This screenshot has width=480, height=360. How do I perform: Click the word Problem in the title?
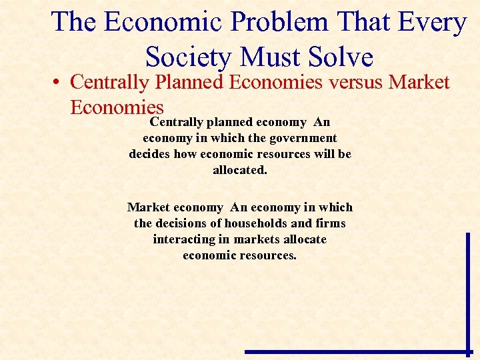click(280, 22)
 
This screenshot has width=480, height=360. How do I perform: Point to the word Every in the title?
click(433, 22)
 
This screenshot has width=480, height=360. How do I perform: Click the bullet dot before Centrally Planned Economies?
click(59, 83)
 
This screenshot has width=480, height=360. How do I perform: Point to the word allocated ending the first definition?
click(239, 170)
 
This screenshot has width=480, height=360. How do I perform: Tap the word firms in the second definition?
click(331, 223)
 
